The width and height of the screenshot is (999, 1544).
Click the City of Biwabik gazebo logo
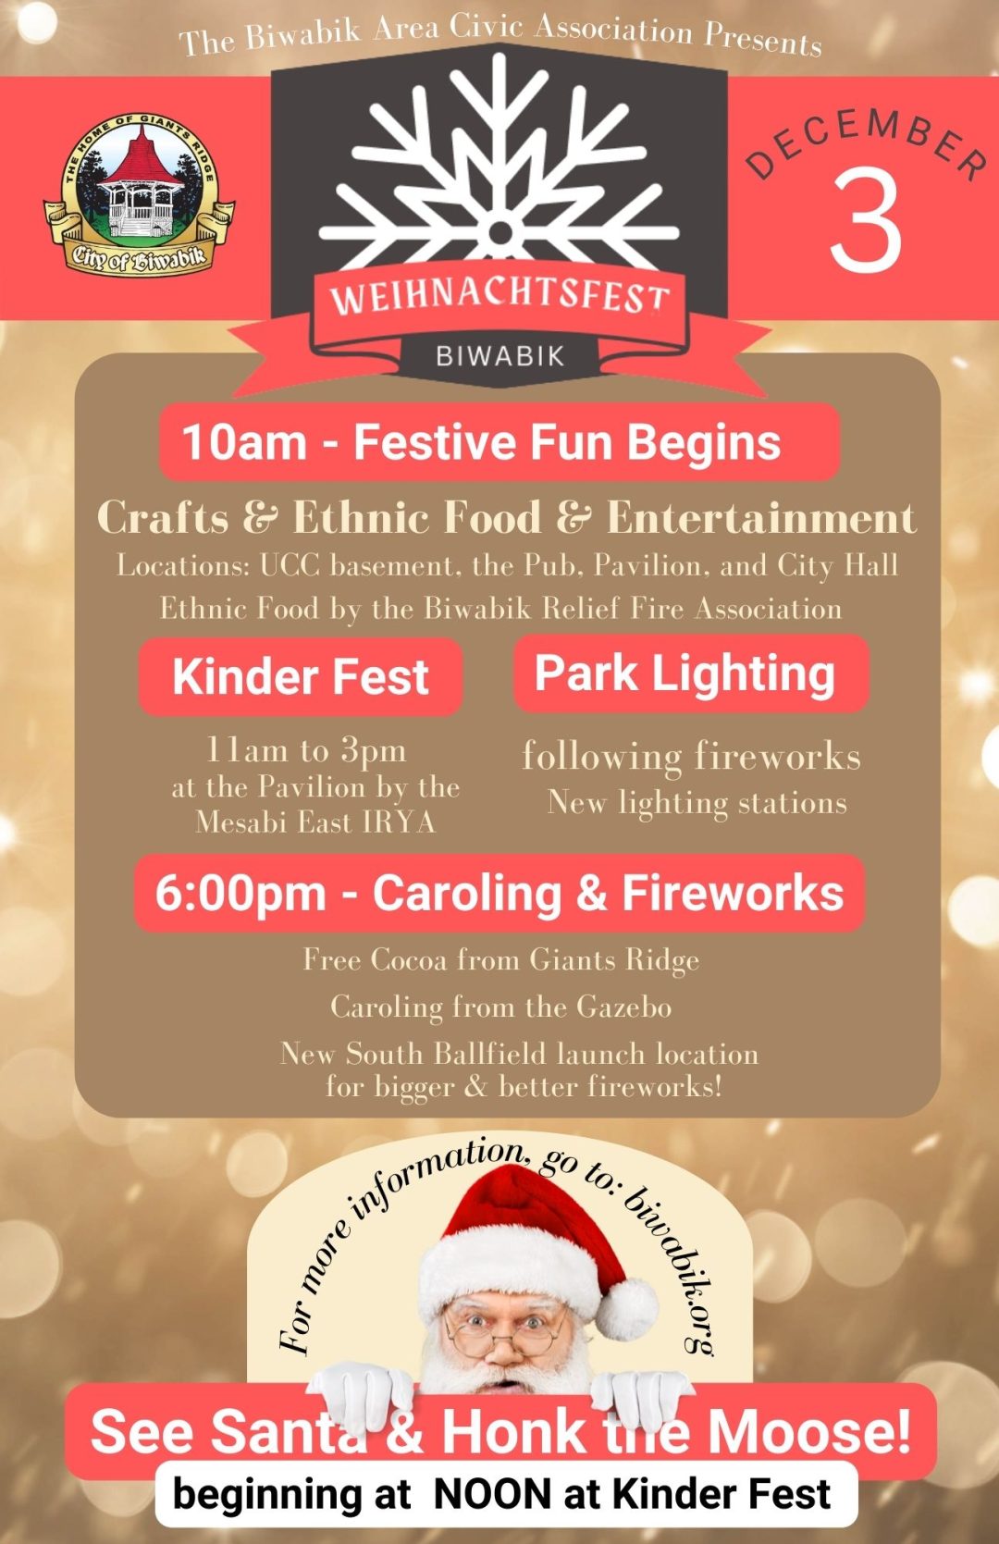pos(139,196)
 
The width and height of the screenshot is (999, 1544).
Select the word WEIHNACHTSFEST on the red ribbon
pos(499,297)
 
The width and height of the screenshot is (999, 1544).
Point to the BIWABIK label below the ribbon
pos(499,356)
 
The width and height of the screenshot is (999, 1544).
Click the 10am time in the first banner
pos(243,442)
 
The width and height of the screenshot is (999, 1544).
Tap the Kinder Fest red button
pos(300,676)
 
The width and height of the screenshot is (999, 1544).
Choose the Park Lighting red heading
pos(685,673)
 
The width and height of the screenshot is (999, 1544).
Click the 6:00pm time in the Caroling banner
pos(240,894)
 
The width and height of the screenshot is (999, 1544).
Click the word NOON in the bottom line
pos(492,1494)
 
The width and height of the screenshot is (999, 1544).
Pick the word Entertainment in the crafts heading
pos(761,518)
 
